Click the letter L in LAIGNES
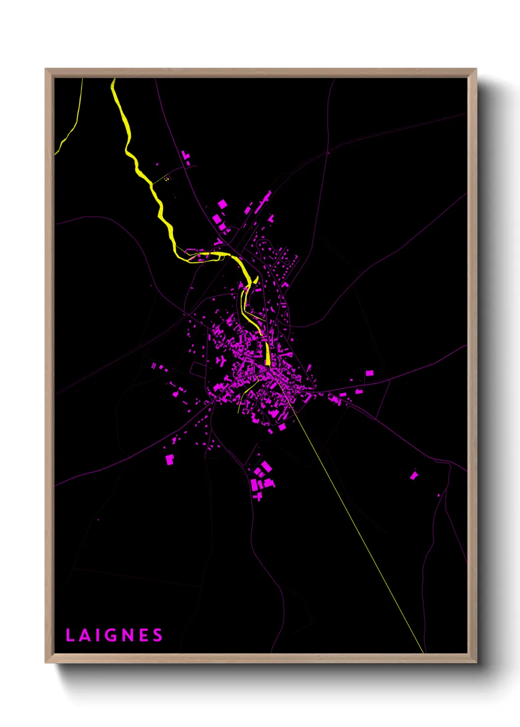click(70, 635)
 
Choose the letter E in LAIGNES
click(143, 635)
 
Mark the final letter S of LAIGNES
click(157, 635)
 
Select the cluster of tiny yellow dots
click(167, 179)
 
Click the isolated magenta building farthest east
click(414, 475)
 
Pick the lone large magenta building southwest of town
click(170, 459)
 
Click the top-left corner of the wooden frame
click(46, 69)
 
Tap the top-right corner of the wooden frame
click(476, 69)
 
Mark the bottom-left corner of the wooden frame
click(46, 662)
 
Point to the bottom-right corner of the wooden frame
click(476, 662)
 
